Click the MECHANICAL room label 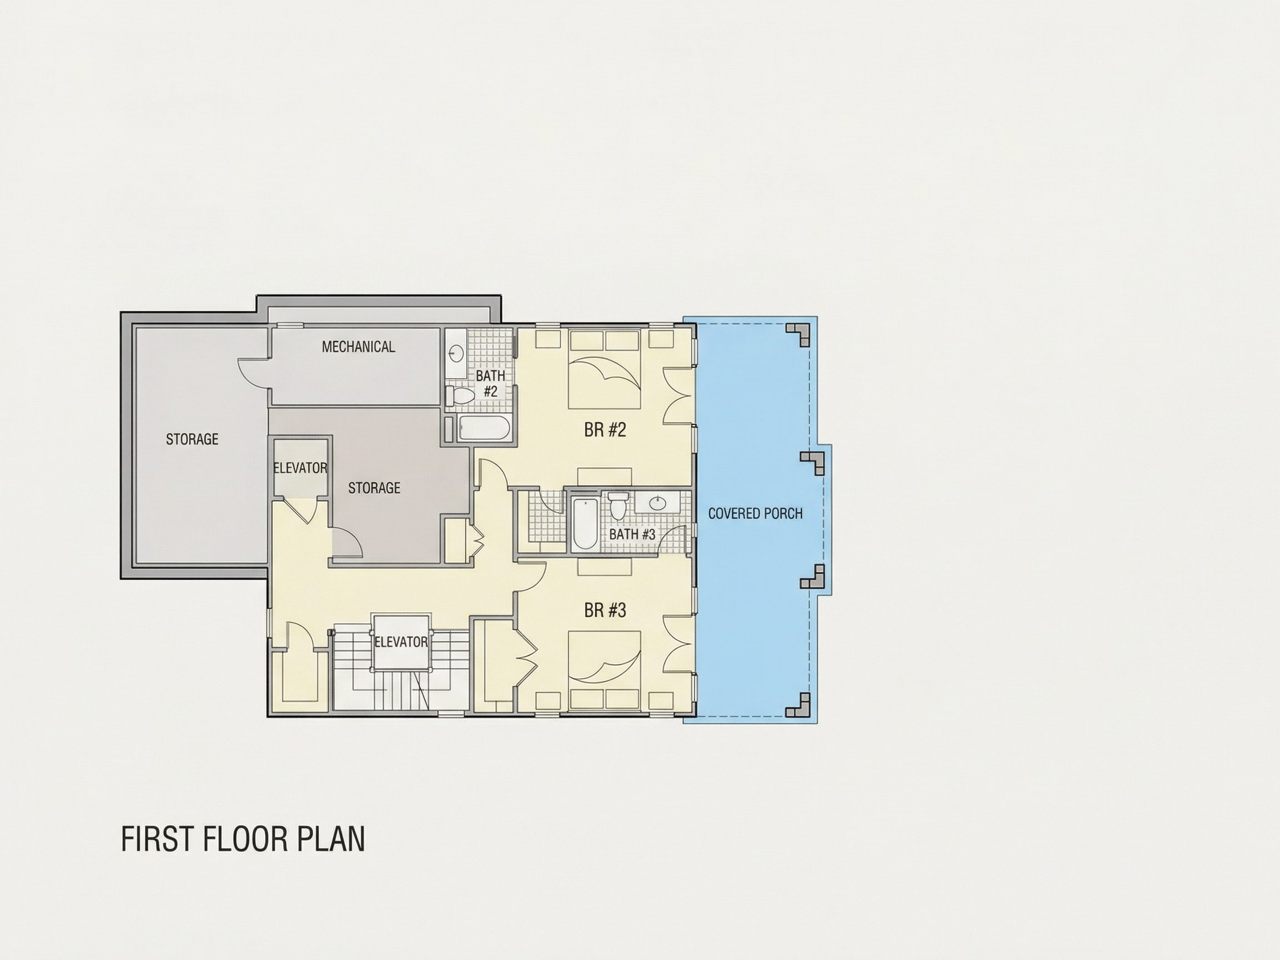click(x=358, y=347)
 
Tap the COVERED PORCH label click(x=755, y=513)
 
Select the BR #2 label click(x=606, y=430)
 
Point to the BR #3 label click(x=606, y=611)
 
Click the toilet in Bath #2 click(x=461, y=394)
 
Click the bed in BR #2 click(x=604, y=368)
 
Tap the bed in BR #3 click(x=604, y=671)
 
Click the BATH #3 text click(x=632, y=534)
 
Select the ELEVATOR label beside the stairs click(x=401, y=642)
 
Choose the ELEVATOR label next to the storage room click(x=301, y=468)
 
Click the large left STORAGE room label click(x=192, y=439)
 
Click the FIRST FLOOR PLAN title click(x=243, y=839)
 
